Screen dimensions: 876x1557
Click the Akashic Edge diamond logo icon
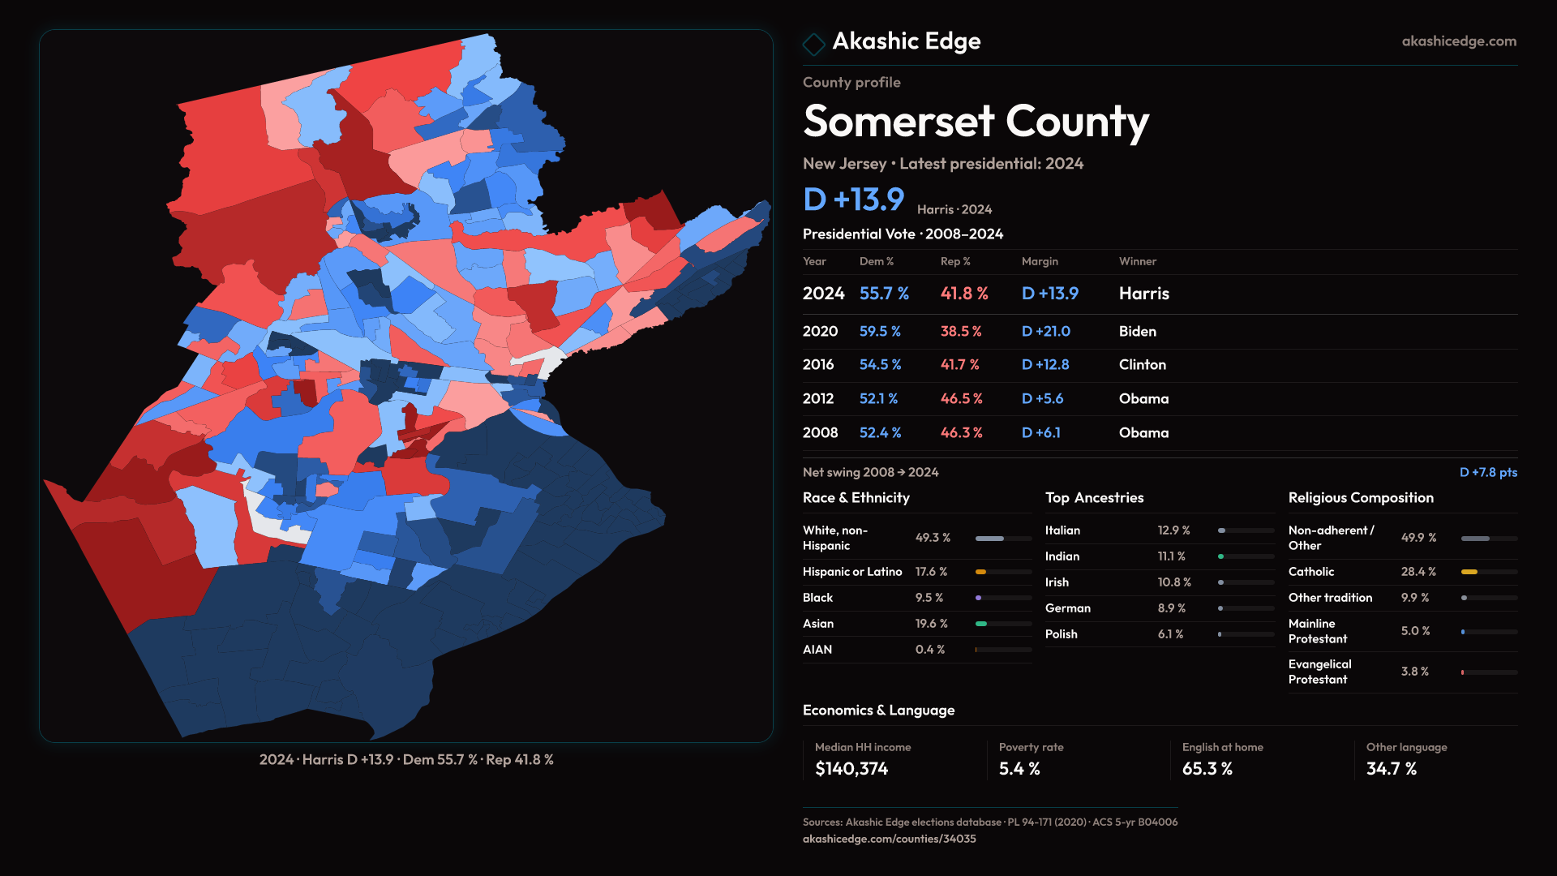coord(813,44)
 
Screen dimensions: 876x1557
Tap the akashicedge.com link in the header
coord(1459,41)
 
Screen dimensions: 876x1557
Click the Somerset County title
coord(976,122)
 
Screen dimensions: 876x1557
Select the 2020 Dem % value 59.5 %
coord(880,332)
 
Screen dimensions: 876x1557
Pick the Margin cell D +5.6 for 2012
coord(1042,399)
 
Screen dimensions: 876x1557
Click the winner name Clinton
coord(1142,365)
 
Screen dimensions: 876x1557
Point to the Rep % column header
coord(955,261)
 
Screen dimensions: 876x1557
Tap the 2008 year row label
coord(820,433)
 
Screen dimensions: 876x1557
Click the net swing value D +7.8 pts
coord(1488,472)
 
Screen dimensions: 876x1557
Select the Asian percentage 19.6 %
coord(931,624)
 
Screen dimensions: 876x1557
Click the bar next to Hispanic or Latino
coord(1003,572)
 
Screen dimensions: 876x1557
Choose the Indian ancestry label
coord(1062,556)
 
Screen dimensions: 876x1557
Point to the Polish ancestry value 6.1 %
coord(1170,634)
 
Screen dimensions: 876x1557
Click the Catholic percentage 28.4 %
coord(1418,572)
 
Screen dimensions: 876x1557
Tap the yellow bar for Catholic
coord(1469,572)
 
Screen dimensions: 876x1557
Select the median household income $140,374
coord(851,769)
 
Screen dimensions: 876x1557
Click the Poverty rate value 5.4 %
coord(1019,769)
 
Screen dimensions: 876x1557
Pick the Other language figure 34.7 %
coord(1392,769)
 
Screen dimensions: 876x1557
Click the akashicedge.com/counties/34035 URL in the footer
coord(889,839)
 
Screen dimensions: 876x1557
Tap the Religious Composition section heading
coord(1361,498)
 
